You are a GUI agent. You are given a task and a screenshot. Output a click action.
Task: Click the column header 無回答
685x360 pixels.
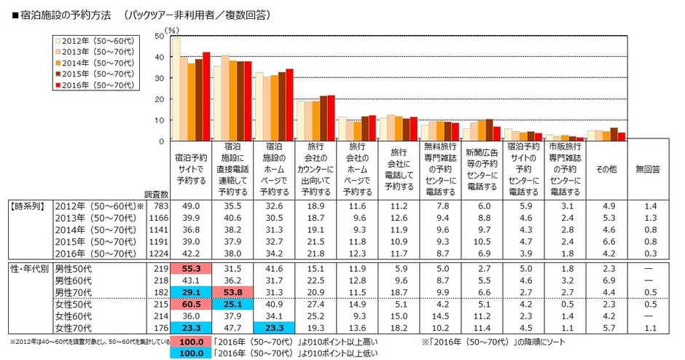(648, 168)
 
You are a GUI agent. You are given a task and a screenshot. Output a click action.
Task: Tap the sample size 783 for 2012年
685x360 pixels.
(160, 207)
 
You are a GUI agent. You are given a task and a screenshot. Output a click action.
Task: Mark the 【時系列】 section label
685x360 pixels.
(28, 207)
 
